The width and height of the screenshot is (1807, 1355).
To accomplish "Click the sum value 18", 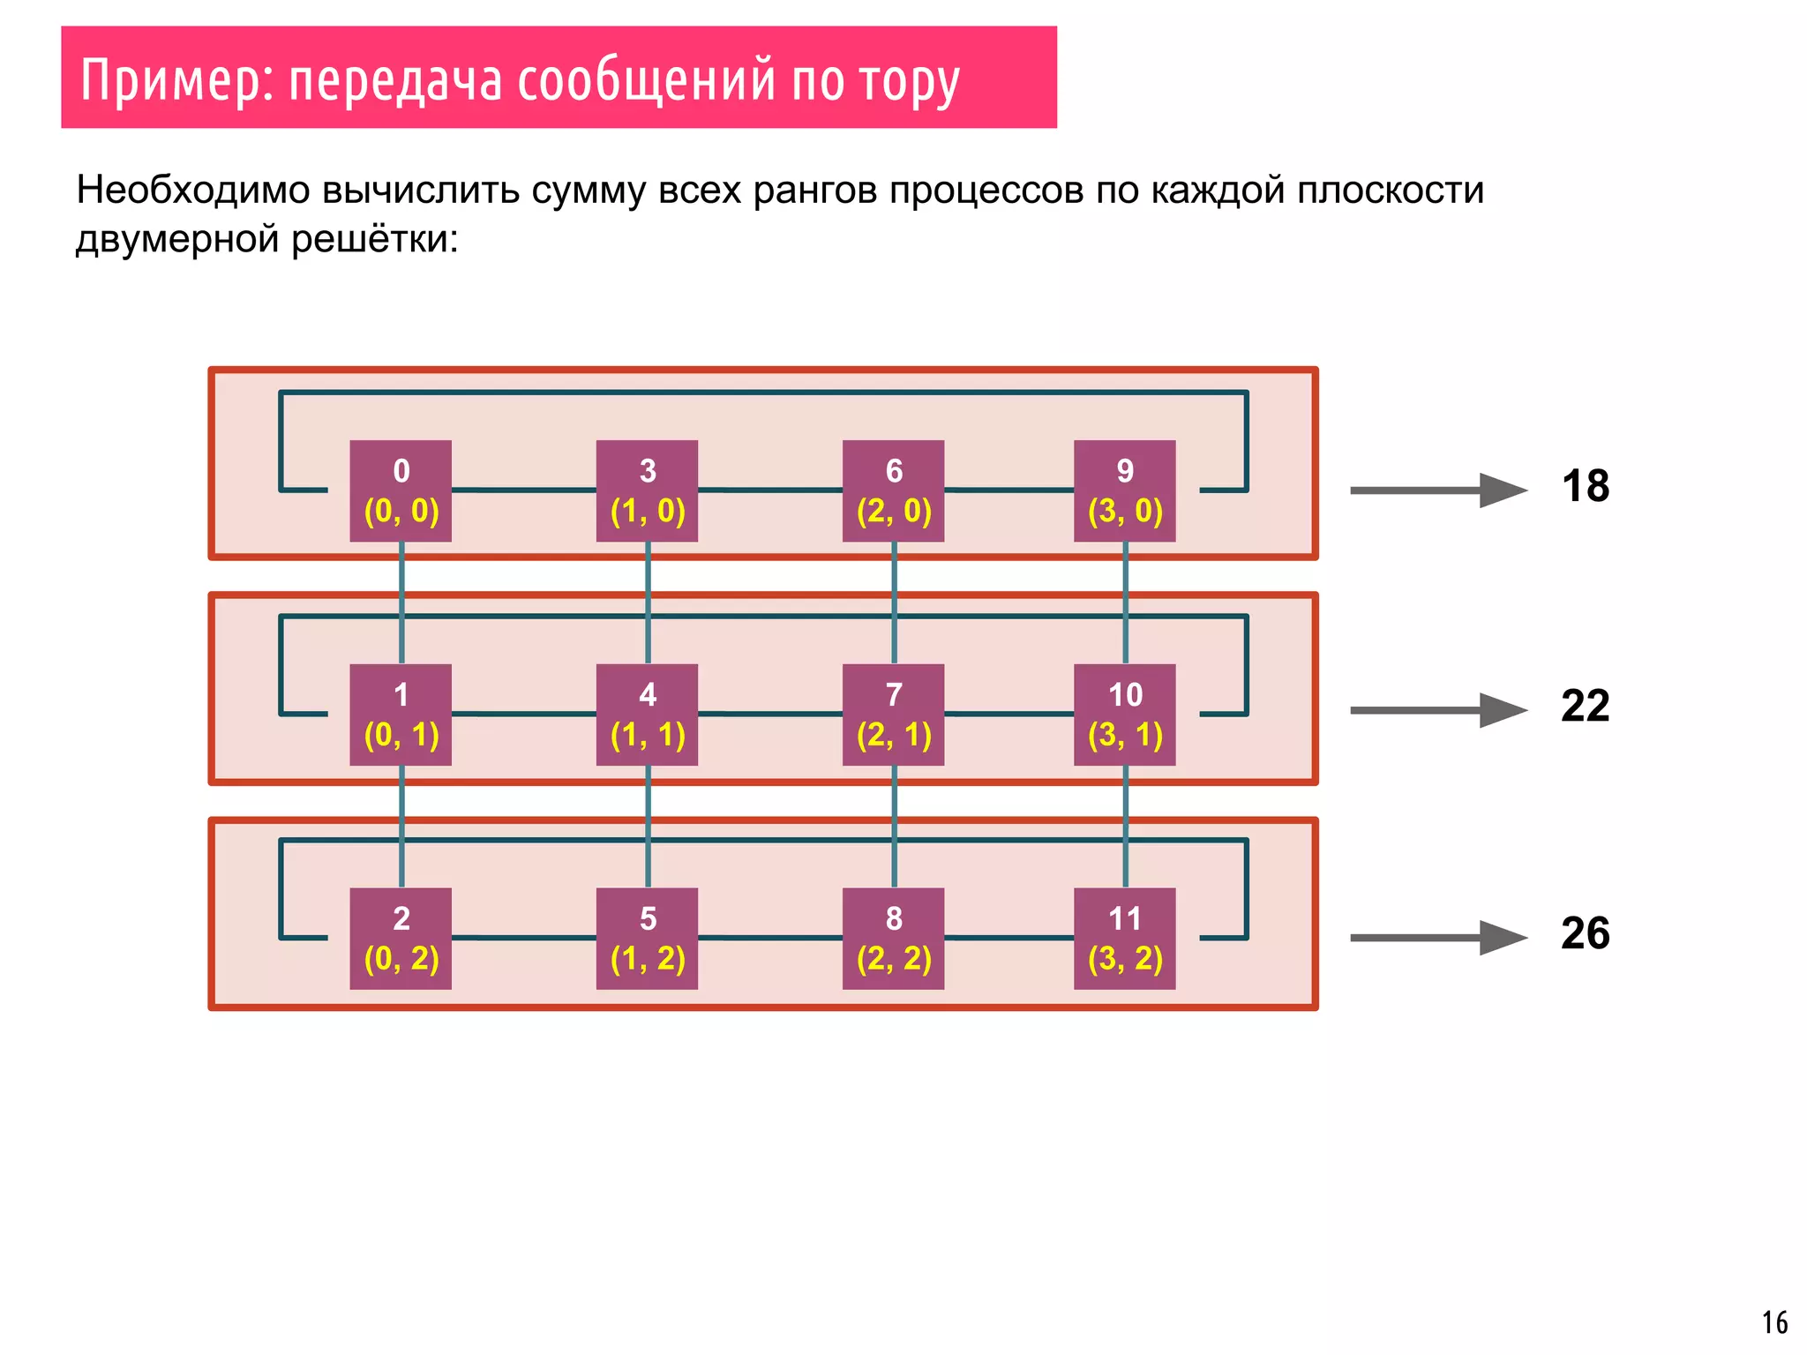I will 1585,486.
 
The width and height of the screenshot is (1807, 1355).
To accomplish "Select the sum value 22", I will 1585,706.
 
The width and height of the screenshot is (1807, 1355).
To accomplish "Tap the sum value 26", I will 1585,933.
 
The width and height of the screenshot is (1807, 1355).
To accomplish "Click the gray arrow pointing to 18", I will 1438,490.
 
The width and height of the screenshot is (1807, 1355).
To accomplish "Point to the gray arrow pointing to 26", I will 1438,938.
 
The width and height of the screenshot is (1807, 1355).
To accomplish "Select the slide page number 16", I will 1774,1322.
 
